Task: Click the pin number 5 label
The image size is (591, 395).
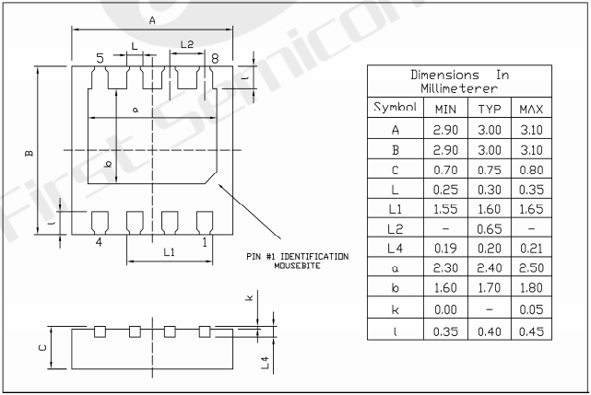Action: click(x=100, y=58)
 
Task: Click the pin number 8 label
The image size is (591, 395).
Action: click(x=214, y=58)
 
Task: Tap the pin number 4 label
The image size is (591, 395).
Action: click(x=99, y=242)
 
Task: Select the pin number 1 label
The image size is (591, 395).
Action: click(x=204, y=242)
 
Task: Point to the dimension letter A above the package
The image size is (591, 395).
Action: click(x=152, y=19)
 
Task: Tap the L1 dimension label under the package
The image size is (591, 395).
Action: click(x=169, y=251)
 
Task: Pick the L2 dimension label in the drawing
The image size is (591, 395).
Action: click(x=187, y=44)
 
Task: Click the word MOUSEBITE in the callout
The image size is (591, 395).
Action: click(x=297, y=265)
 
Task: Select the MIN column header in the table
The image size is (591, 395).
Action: click(x=445, y=109)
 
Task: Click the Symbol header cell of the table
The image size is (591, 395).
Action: click(x=395, y=108)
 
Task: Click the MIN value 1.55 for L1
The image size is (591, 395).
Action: click(x=445, y=209)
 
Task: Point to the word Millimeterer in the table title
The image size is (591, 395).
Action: click(x=459, y=88)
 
